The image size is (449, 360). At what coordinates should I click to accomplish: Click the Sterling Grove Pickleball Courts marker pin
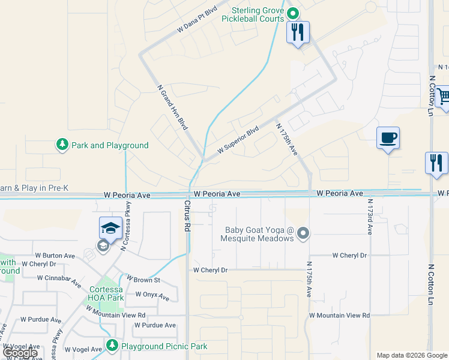tap(293, 13)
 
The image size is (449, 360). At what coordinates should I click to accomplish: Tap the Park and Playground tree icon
tap(62, 145)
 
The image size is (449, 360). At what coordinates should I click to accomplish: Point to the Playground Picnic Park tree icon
tap(112, 346)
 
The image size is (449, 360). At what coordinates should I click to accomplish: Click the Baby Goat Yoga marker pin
tap(304, 233)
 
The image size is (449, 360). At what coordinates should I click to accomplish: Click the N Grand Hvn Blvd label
tap(171, 107)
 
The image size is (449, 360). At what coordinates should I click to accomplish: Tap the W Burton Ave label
tap(55, 256)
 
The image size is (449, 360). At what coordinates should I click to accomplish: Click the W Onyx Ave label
tap(152, 295)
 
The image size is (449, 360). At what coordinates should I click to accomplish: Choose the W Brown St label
tap(143, 280)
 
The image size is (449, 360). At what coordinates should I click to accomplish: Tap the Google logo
tap(20, 353)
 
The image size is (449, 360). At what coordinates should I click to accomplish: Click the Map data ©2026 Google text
tap(412, 355)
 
